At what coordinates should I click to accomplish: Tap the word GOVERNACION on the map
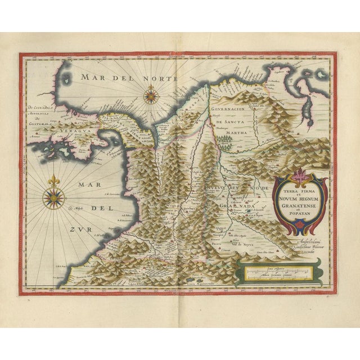tap(231, 111)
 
